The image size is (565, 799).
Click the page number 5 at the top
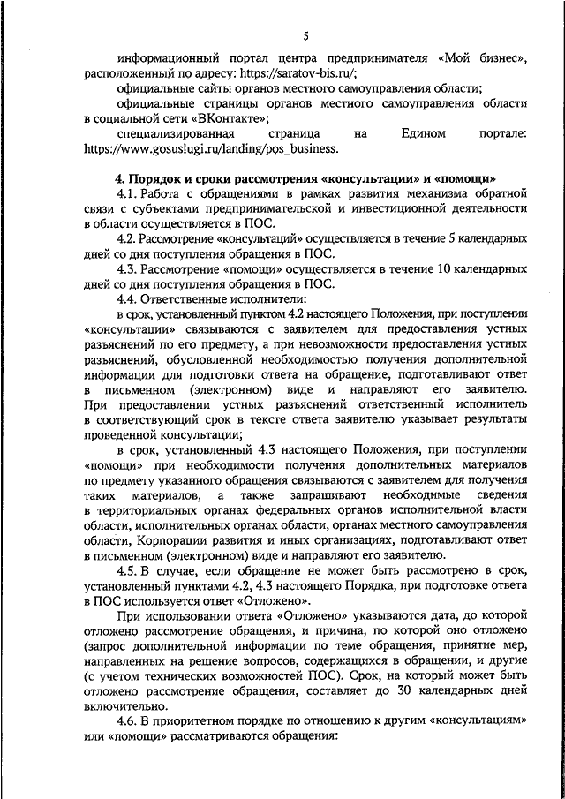coord(305,36)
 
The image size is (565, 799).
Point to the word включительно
coord(126,704)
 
